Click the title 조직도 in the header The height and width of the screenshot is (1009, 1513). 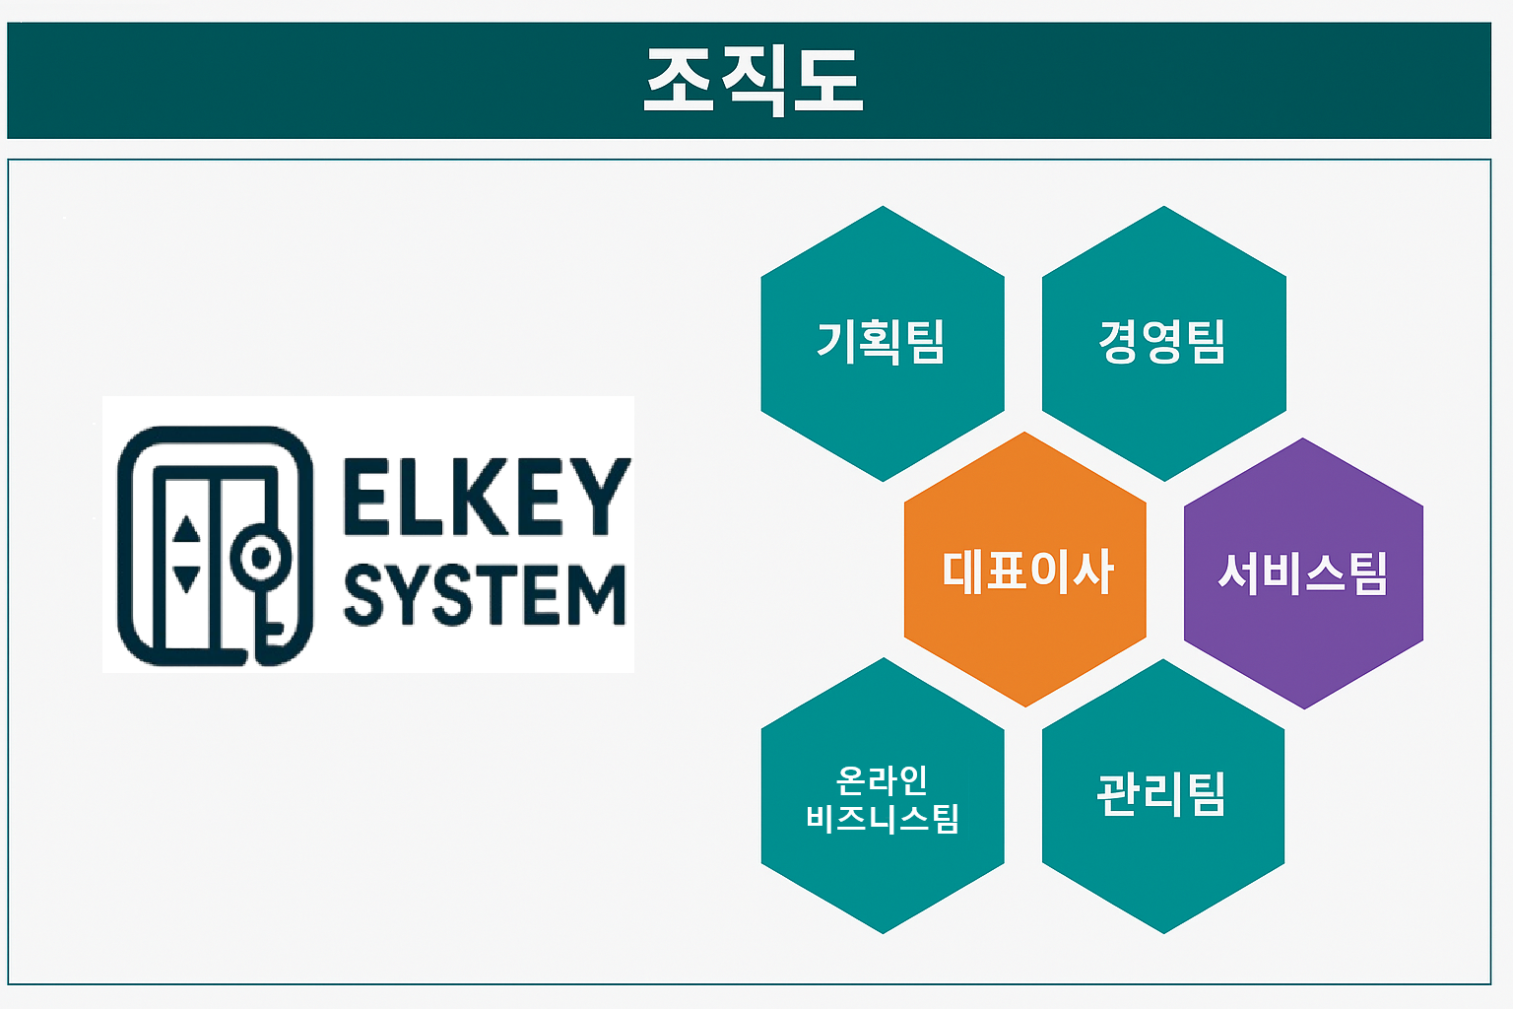pos(754,80)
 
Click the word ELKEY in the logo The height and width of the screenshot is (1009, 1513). pos(486,497)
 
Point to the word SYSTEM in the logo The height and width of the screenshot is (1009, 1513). pos(485,595)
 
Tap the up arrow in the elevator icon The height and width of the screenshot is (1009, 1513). pos(186,530)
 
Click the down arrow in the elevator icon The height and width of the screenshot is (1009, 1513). pos(186,576)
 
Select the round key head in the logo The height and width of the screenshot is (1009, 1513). pos(261,559)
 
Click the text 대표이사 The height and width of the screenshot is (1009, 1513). pos(1027,572)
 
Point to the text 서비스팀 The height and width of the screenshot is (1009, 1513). pos(1303,572)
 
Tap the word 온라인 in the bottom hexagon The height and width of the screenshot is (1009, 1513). pos(882,779)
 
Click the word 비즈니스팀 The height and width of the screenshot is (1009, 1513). pos(882,818)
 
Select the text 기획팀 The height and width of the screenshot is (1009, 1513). pos(881,342)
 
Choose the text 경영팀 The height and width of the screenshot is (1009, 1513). pos(1162,342)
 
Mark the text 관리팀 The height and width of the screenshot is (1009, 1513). pos(1161,794)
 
